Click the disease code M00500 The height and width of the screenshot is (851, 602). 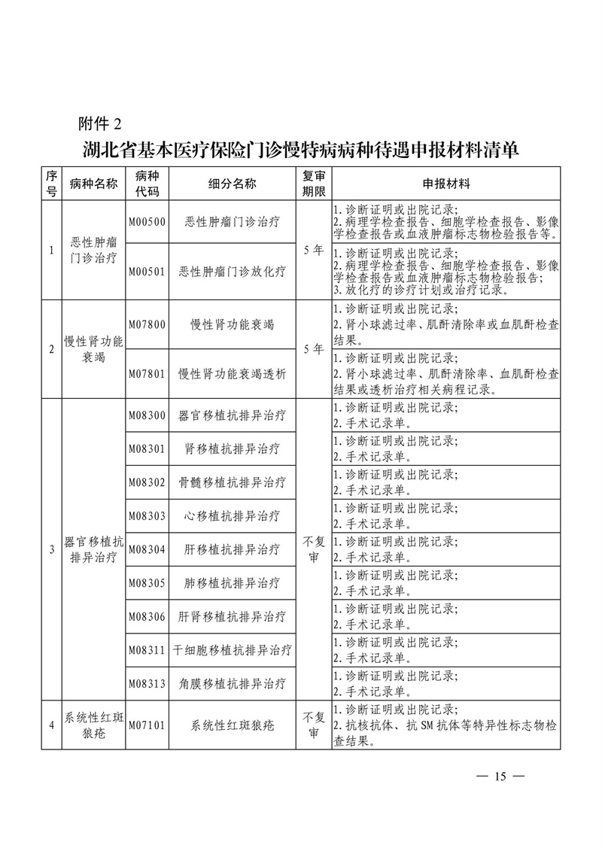pyautogui.click(x=147, y=222)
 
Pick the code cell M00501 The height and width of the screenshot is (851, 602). pyautogui.click(x=147, y=272)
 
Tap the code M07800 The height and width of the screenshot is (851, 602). pyautogui.click(x=147, y=324)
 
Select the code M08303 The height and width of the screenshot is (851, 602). pyautogui.click(x=147, y=516)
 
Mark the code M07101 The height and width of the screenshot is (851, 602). pyautogui.click(x=147, y=726)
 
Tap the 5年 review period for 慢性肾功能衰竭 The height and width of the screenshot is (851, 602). pyautogui.click(x=313, y=349)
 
